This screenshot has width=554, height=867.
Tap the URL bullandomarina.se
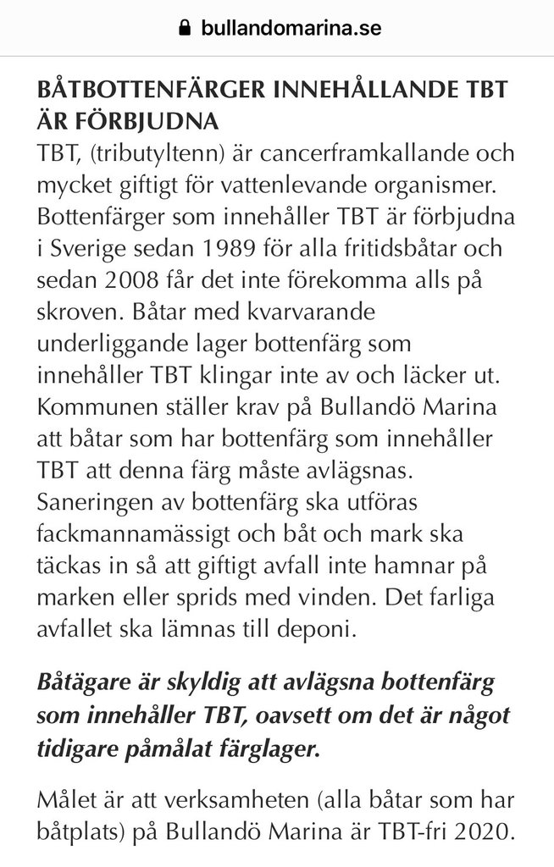291,28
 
